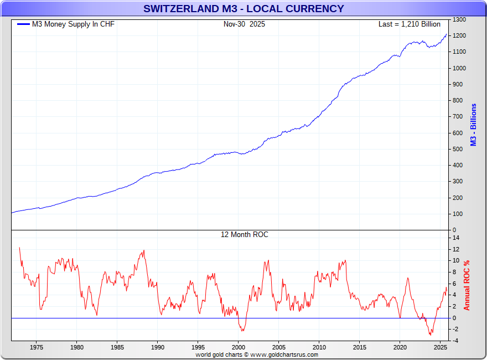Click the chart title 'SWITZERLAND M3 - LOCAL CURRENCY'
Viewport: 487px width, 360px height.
point(244,9)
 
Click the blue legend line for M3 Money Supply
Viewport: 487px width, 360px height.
point(23,24)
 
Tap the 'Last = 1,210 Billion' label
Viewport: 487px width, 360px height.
point(409,24)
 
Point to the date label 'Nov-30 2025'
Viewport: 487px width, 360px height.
point(244,24)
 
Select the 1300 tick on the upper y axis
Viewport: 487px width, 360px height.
point(459,20)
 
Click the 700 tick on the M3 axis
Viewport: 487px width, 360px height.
point(458,117)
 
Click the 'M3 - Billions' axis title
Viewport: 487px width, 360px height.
point(474,125)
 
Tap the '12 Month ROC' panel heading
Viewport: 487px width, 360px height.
point(244,235)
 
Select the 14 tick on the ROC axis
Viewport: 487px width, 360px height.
point(455,238)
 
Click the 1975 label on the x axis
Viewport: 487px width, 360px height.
point(37,347)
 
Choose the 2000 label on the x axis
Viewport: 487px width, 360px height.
point(239,347)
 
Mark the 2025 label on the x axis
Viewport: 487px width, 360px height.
point(440,347)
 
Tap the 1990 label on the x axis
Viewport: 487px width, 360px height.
point(158,347)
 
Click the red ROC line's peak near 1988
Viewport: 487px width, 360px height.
point(144,250)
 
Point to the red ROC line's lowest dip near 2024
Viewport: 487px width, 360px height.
point(430,335)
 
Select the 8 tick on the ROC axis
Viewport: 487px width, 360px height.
point(455,272)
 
